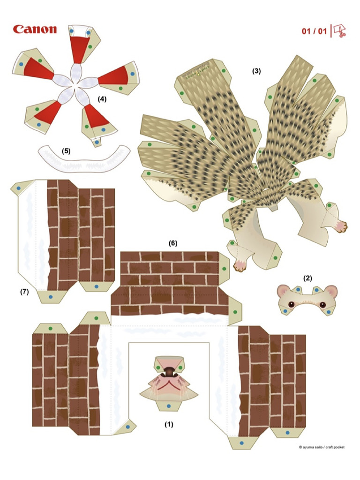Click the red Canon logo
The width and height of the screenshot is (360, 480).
click(35, 30)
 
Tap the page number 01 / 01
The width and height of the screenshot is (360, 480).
click(314, 31)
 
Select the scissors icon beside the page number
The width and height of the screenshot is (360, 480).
click(339, 31)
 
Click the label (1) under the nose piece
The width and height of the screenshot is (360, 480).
click(169, 425)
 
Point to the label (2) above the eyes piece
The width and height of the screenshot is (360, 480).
click(307, 278)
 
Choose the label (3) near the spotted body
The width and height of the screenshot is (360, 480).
click(256, 71)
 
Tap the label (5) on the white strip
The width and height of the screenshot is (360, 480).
click(66, 151)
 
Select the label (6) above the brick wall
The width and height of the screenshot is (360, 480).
click(173, 243)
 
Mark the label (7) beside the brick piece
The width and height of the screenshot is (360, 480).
click(24, 292)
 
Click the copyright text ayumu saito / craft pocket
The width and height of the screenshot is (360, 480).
click(322, 447)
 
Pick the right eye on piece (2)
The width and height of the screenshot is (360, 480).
click(323, 305)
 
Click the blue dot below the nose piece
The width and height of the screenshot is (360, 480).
click(168, 405)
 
